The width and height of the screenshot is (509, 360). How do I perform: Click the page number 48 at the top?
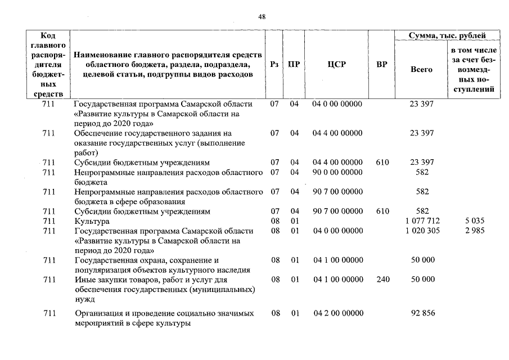[x=262, y=17]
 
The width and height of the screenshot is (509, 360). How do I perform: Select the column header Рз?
[x=274, y=64]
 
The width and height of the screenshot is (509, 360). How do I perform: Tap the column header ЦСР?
[x=336, y=64]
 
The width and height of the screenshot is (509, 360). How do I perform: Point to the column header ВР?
[x=382, y=64]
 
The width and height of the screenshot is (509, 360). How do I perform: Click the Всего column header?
[x=421, y=70]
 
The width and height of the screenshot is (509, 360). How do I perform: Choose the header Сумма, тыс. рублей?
[x=447, y=35]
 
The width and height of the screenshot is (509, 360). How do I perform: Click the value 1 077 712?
[x=422, y=221]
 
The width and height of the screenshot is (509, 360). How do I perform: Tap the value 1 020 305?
[x=422, y=231]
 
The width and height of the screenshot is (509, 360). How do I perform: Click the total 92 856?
[x=422, y=313]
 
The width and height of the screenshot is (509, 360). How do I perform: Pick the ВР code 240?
[x=382, y=280]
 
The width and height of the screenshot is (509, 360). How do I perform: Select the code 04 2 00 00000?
[x=337, y=313]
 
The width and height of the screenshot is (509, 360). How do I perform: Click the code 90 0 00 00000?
[x=337, y=172]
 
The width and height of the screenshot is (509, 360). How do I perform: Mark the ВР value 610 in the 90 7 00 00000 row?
[x=382, y=211]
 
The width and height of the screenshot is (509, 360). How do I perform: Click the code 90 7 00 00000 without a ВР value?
[x=337, y=192]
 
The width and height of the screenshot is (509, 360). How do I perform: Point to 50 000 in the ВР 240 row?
[x=422, y=280]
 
